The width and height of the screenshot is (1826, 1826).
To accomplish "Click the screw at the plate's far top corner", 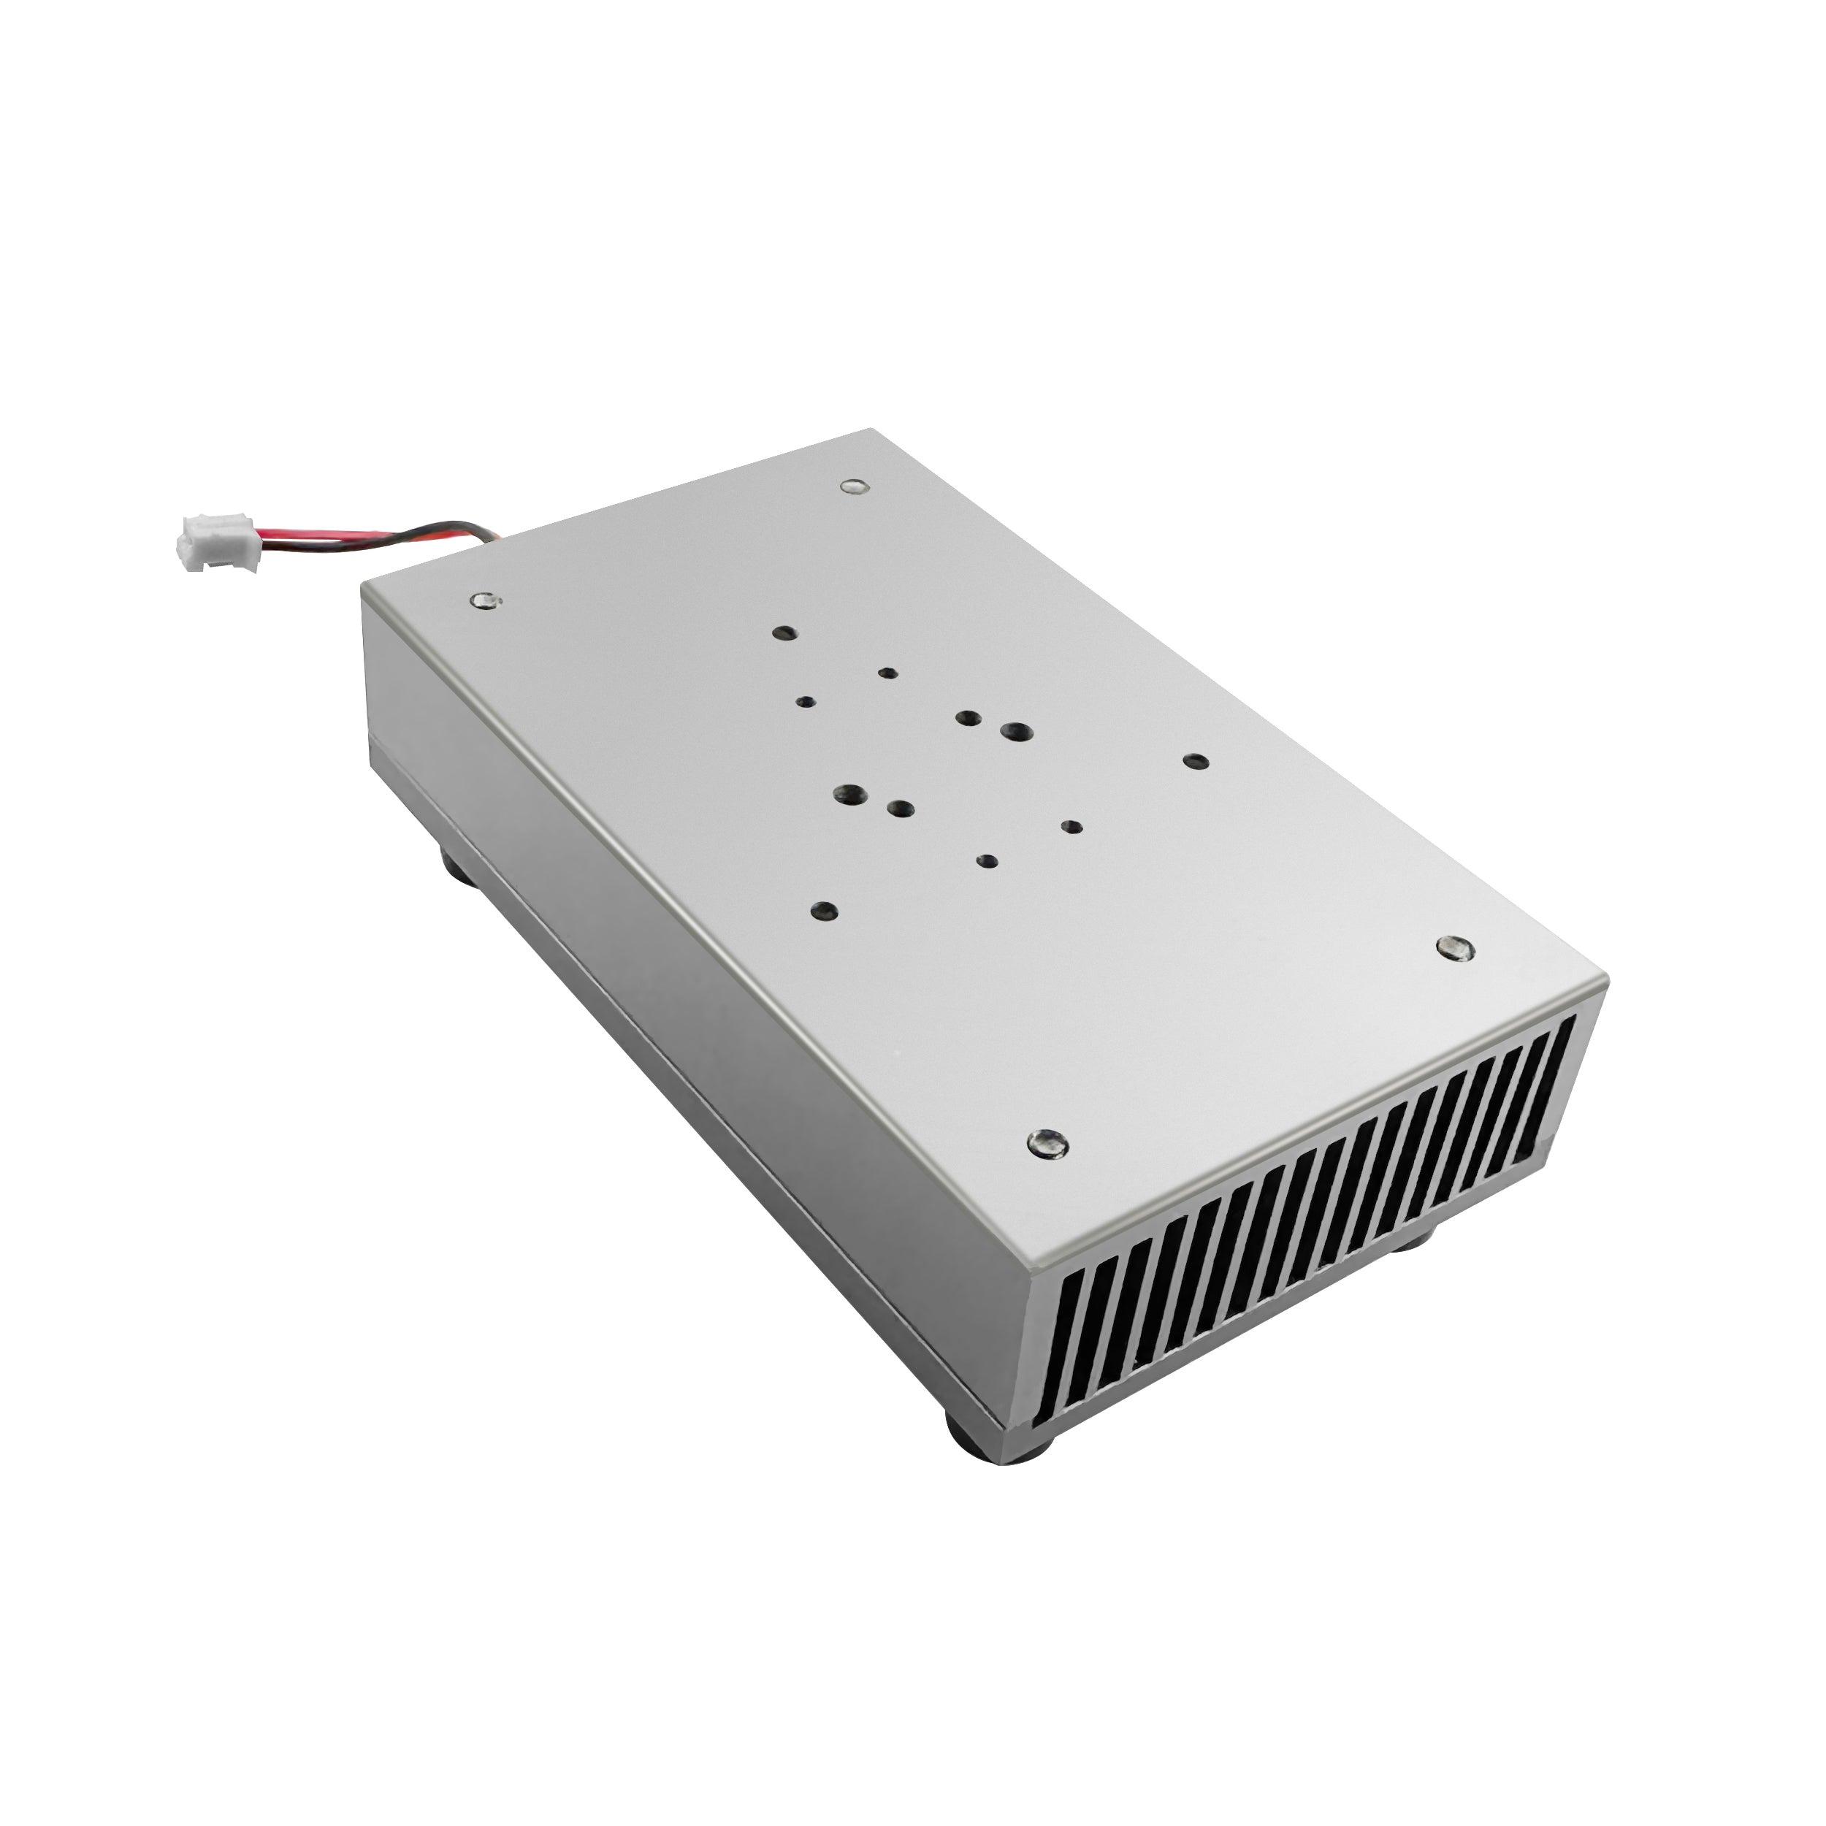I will [852, 486].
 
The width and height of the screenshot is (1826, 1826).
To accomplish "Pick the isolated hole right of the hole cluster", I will [1196, 762].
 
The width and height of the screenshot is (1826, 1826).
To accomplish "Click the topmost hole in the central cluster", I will [784, 633].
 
